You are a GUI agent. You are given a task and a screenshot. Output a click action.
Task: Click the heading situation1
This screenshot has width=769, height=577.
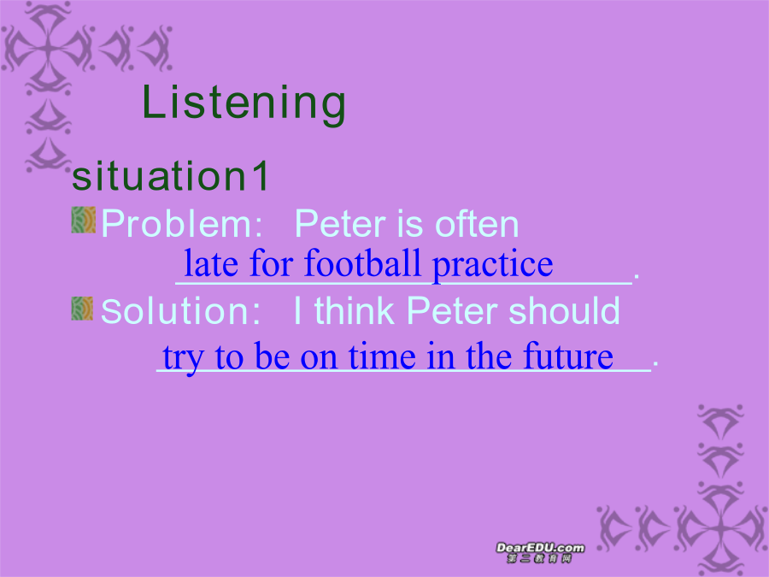[x=170, y=175]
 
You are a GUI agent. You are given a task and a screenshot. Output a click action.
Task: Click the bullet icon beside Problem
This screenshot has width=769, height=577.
[x=84, y=220]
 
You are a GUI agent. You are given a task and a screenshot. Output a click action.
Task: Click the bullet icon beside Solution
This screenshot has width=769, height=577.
[x=82, y=309]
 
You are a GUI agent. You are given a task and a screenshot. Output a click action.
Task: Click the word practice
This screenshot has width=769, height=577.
[x=492, y=266]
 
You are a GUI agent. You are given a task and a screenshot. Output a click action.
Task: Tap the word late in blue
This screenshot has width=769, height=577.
[x=211, y=263]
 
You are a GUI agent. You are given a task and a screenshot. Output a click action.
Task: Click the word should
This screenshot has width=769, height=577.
[x=564, y=310]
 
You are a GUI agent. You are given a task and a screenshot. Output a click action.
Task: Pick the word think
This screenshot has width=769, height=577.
[x=354, y=310]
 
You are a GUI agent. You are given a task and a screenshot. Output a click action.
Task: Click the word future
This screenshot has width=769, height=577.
[x=568, y=356]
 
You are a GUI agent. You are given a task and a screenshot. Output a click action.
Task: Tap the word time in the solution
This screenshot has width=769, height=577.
[x=382, y=356]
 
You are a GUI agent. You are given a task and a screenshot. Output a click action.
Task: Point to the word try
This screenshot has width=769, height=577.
[x=183, y=358]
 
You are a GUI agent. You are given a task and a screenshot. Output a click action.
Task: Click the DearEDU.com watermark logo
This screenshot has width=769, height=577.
[x=540, y=552]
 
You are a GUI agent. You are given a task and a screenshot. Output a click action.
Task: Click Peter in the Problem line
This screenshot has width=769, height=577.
[x=341, y=224]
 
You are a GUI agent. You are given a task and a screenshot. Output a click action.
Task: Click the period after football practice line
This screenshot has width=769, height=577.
[x=636, y=278]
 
